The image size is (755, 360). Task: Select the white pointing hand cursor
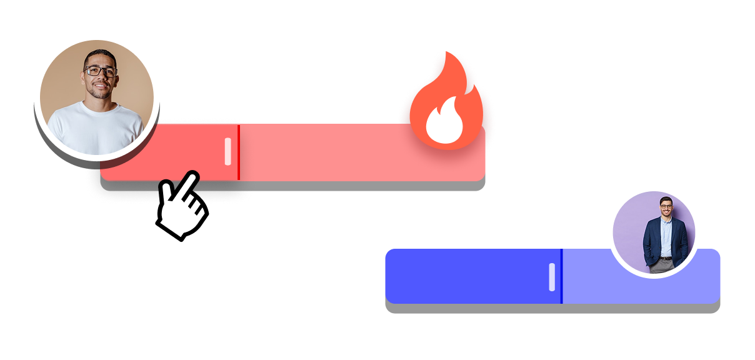coord(181,205)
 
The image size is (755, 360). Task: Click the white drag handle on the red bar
coord(228,152)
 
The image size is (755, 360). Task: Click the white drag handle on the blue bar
coord(552,277)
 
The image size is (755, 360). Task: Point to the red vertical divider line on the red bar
coord(239,152)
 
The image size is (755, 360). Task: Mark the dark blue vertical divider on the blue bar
coord(561,276)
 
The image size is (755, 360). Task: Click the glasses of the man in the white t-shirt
coord(100,71)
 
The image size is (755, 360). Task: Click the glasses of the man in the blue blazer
coord(666,206)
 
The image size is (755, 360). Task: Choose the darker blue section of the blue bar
coord(469,276)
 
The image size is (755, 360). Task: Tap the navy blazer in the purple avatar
coord(653,241)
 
